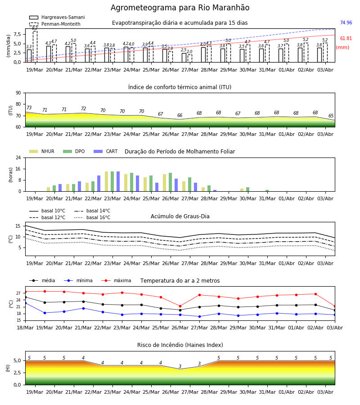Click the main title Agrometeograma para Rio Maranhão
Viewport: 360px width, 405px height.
click(180, 8)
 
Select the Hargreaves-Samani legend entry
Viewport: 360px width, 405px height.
click(57, 17)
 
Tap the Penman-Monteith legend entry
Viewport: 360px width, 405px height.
click(55, 24)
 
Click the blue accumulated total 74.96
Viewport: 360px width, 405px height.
click(346, 23)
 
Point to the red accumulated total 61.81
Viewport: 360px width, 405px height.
click(346, 39)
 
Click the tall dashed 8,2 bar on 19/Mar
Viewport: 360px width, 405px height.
click(35, 46)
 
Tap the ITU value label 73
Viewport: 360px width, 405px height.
click(29, 108)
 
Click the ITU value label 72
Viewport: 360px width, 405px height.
click(83, 108)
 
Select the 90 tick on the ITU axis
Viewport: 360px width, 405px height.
click(18, 93)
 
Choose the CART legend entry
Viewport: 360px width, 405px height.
click(106, 151)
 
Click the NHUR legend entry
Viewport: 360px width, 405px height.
click(42, 151)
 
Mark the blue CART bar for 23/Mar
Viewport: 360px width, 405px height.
click(118, 181)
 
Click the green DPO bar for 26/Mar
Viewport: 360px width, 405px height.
click(171, 182)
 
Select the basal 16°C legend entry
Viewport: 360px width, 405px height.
click(92, 217)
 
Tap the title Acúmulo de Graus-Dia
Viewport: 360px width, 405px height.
click(180, 216)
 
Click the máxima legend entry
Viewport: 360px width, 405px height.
click(117, 280)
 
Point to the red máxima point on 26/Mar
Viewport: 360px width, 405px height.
click(180, 306)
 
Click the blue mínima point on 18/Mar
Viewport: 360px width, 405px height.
click(25, 303)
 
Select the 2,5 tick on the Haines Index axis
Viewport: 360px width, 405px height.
click(18, 373)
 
